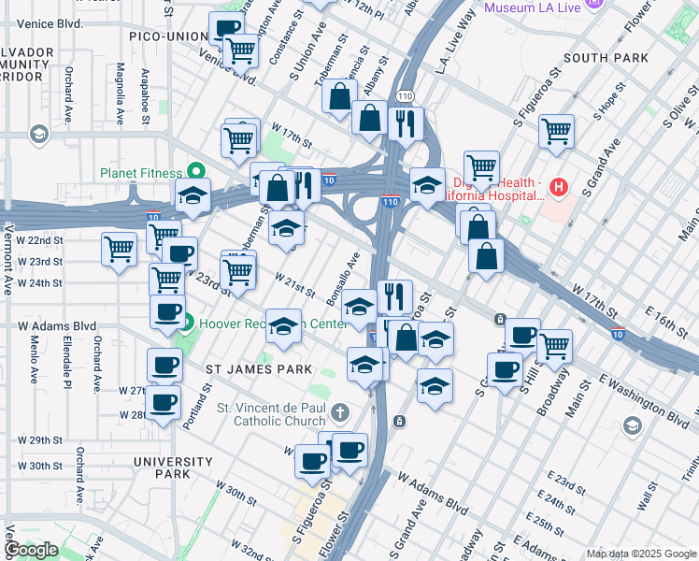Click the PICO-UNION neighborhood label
pyautogui.click(x=169, y=36)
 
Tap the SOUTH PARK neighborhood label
pyautogui.click(x=606, y=58)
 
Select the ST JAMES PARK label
pyautogui.click(x=259, y=369)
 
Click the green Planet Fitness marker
pyautogui.click(x=196, y=172)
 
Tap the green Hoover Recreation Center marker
pyautogui.click(x=187, y=325)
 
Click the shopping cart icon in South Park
pyautogui.click(x=556, y=132)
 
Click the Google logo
pyautogui.click(x=31, y=549)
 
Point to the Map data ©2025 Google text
pyautogui.click(x=641, y=554)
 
